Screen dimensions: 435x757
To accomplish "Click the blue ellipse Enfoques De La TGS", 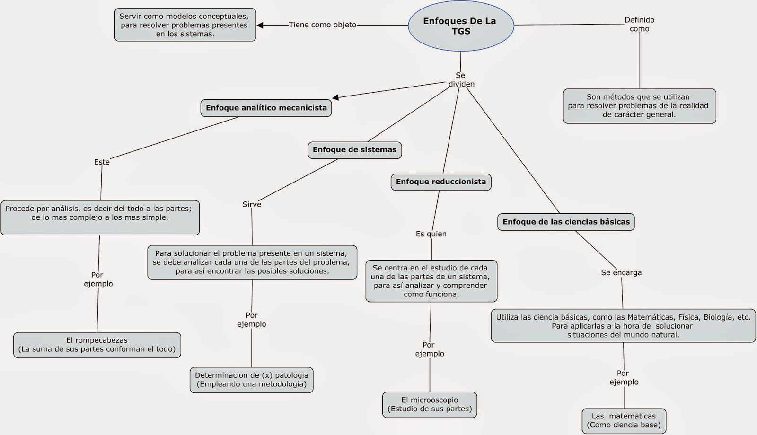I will click(x=460, y=26).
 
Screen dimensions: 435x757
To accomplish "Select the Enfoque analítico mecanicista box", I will click(x=266, y=108).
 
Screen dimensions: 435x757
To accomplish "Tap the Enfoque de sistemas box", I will click(x=354, y=150).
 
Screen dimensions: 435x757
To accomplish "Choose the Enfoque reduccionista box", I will click(x=440, y=182).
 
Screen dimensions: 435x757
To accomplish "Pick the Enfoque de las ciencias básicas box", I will click(x=566, y=222).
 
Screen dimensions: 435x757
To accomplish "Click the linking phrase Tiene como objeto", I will click(x=323, y=25).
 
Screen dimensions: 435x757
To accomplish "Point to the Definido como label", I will click(x=639, y=24).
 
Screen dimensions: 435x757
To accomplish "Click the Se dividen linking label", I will click(x=461, y=79).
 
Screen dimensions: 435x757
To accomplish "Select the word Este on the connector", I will click(x=102, y=162).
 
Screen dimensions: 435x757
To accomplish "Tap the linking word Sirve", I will click(x=252, y=204).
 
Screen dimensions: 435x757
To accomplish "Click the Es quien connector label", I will click(x=431, y=234).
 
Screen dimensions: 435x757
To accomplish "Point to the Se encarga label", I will click(x=621, y=272).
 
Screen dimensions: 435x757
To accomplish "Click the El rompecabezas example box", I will click(x=97, y=345).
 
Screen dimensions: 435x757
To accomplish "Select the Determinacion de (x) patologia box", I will click(x=251, y=380).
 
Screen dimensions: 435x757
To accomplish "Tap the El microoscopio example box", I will click(x=430, y=404).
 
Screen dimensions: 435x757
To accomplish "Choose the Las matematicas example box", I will click(x=624, y=420).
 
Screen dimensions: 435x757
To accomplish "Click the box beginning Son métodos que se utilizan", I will click(x=639, y=106).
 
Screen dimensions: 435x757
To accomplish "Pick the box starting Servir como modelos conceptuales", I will click(x=185, y=25).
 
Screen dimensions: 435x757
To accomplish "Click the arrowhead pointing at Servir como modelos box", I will click(x=260, y=25).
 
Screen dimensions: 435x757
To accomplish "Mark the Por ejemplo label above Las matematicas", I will click(x=623, y=377).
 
